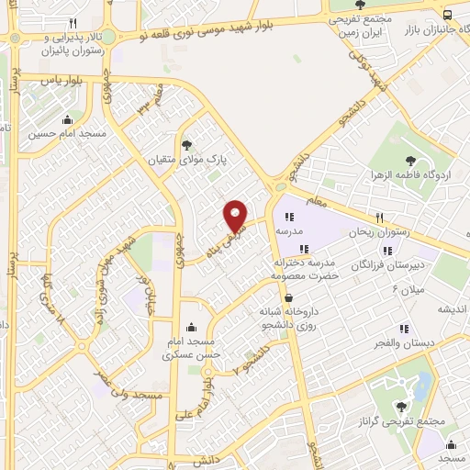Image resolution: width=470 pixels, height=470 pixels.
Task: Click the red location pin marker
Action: pos(236,215)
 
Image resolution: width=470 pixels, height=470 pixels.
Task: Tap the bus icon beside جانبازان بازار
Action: pos(447,15)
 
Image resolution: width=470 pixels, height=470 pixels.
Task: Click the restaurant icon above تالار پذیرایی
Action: pos(73,23)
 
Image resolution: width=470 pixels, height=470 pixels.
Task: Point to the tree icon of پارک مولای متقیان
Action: pos(188,144)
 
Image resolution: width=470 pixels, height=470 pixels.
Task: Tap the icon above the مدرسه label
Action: pos(290,218)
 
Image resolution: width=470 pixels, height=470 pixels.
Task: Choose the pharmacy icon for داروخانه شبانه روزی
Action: pos(289,297)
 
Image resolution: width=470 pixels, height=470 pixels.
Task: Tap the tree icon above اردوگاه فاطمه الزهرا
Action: pos(409,161)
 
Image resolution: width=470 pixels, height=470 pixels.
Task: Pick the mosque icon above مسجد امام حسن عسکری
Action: pos(190,327)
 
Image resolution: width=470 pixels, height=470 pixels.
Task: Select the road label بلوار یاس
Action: pos(62,82)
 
